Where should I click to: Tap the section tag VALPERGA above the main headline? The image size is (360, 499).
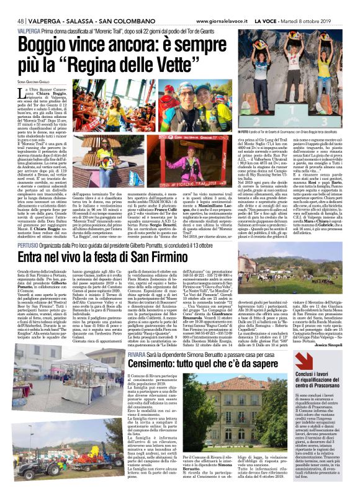tap(30, 14)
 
